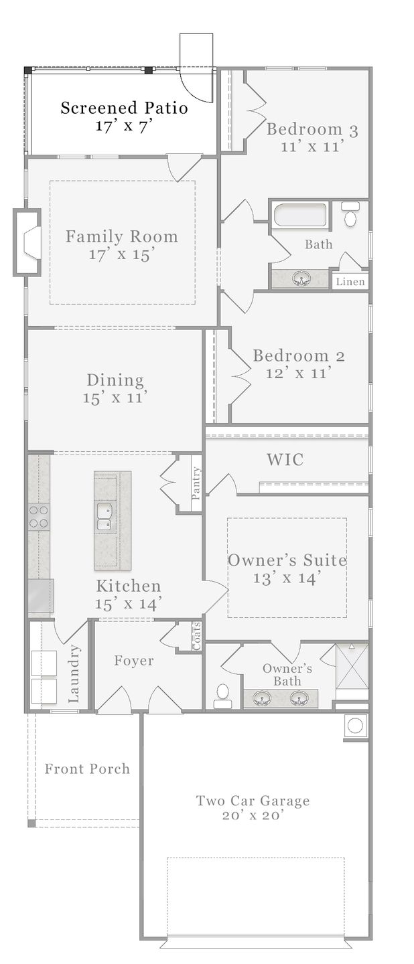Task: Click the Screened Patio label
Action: (124, 108)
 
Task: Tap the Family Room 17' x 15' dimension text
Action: (121, 254)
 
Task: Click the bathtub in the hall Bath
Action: (300, 215)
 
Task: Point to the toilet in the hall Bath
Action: (350, 215)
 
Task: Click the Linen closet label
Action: (350, 282)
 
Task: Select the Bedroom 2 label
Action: (299, 356)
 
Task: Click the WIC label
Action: (285, 459)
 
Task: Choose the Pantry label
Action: (196, 483)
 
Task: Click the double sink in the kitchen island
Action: (103, 517)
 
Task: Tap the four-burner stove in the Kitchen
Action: (38, 516)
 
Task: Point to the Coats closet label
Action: (196, 636)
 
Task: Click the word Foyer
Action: (133, 661)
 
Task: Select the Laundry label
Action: (74, 673)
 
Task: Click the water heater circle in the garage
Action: (356, 726)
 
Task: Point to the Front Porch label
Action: (87, 769)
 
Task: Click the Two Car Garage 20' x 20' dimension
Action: (253, 815)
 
